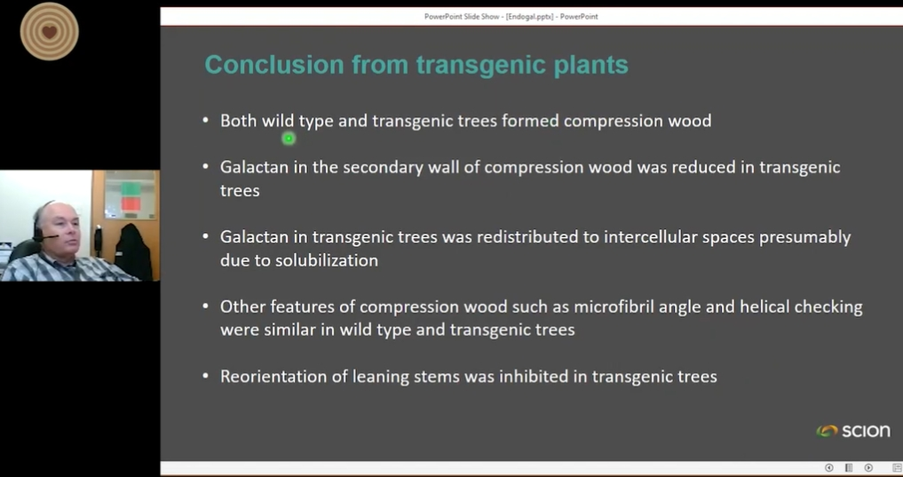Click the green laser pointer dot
[289, 139]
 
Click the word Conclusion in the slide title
[274, 64]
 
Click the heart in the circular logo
[50, 32]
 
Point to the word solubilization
[327, 260]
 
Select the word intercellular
[650, 237]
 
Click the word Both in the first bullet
[239, 121]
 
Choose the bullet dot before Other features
[206, 306]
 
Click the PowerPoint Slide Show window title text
[511, 17]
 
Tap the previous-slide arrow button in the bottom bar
[828, 468]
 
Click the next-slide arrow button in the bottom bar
[868, 468]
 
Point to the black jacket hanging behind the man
[133, 251]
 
